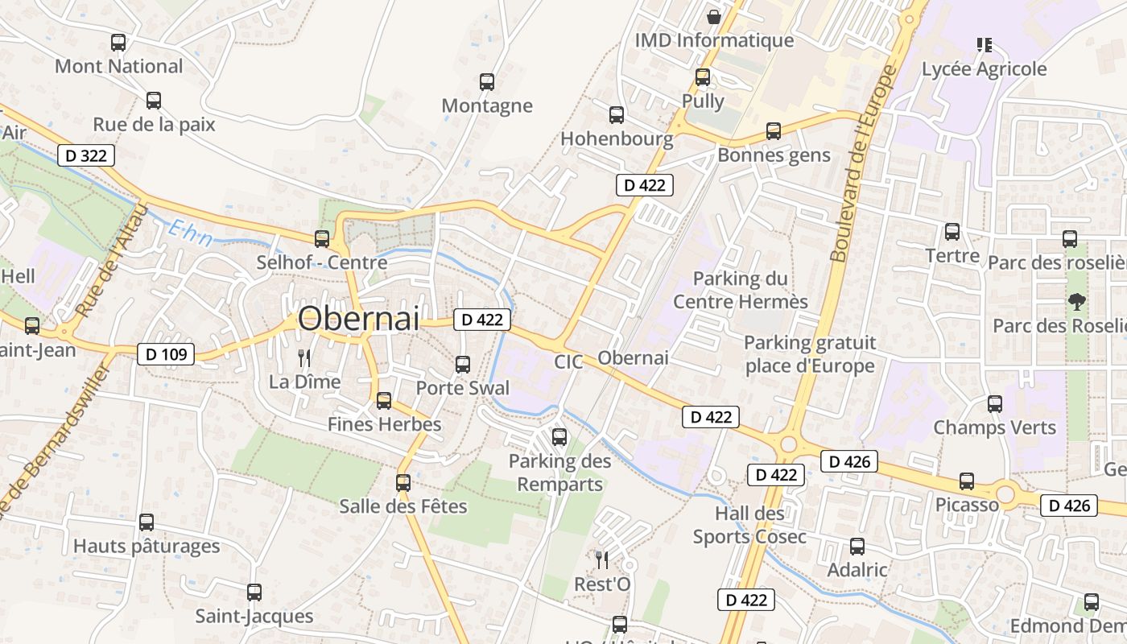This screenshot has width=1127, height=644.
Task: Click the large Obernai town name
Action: click(358, 319)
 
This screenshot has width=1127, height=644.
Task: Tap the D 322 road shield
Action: click(85, 155)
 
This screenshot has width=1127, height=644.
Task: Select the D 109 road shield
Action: click(166, 353)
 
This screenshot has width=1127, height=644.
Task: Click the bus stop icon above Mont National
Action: click(118, 43)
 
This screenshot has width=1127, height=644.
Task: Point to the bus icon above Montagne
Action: click(487, 81)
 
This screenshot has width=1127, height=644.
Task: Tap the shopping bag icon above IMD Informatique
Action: click(713, 16)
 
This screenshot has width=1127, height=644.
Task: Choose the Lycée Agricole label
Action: click(984, 69)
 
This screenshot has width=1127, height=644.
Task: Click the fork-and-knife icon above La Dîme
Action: click(304, 357)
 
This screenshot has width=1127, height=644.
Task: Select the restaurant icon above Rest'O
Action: click(601, 559)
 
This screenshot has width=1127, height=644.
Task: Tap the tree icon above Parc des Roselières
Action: click(1076, 302)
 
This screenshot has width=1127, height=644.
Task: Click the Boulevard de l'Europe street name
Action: click(864, 164)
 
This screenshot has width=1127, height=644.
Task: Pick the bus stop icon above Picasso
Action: click(966, 481)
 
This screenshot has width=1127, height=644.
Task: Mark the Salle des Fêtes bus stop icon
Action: click(403, 483)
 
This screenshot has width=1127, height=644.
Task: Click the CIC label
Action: click(568, 362)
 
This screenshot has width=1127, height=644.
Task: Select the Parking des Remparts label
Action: click(559, 473)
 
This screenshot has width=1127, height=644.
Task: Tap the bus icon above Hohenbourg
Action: click(616, 115)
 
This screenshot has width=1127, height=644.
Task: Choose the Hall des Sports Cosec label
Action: click(749, 525)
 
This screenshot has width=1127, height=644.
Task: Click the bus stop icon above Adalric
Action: click(857, 547)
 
